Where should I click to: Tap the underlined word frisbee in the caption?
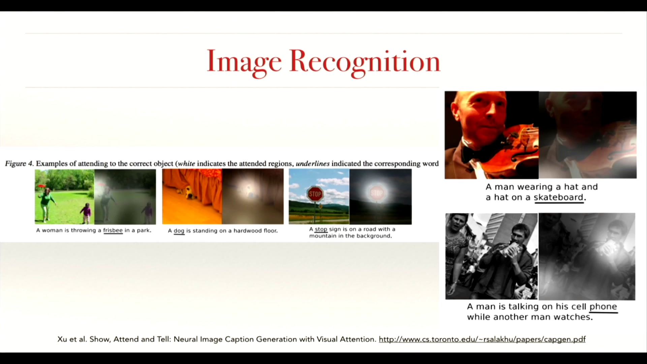pyautogui.click(x=113, y=231)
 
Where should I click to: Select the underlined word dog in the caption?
pyautogui.click(x=179, y=231)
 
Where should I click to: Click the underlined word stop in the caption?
pyautogui.click(x=321, y=229)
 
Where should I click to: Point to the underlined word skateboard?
pyautogui.click(x=558, y=198)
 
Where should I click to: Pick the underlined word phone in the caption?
pyautogui.click(x=603, y=307)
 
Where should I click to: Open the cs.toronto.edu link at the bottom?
pyautogui.click(x=482, y=339)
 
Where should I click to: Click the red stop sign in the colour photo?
pyautogui.click(x=315, y=194)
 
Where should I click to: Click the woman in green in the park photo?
pyautogui.click(x=47, y=204)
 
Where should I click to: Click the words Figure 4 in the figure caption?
pyautogui.click(x=19, y=164)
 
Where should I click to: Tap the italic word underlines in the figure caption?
pyautogui.click(x=313, y=164)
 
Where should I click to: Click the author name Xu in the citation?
pyautogui.click(x=62, y=339)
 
